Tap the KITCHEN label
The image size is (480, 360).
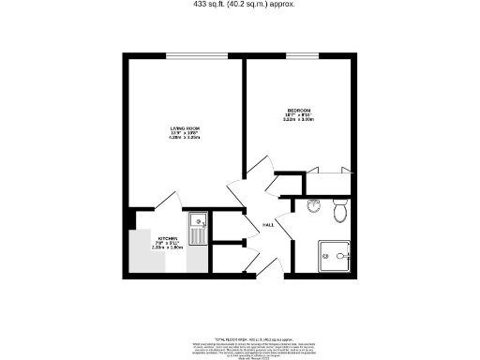click(x=169, y=239)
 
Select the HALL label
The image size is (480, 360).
click(x=267, y=226)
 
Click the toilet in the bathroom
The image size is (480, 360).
click(x=340, y=212)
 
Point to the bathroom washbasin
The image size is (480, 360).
click(x=312, y=206)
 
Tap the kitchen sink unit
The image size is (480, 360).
click(x=198, y=228)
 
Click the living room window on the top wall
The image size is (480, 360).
click(x=197, y=56)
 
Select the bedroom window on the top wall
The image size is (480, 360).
click(x=300, y=56)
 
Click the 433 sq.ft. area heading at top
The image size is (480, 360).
click(x=244, y=4)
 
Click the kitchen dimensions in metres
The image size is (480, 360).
click(x=169, y=249)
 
